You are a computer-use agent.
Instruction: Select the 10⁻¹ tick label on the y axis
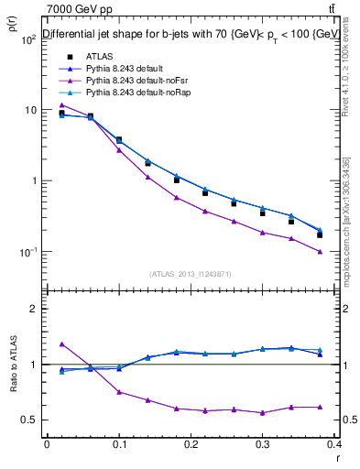tap(27, 252)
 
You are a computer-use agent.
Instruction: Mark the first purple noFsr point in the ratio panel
tap(61, 344)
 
